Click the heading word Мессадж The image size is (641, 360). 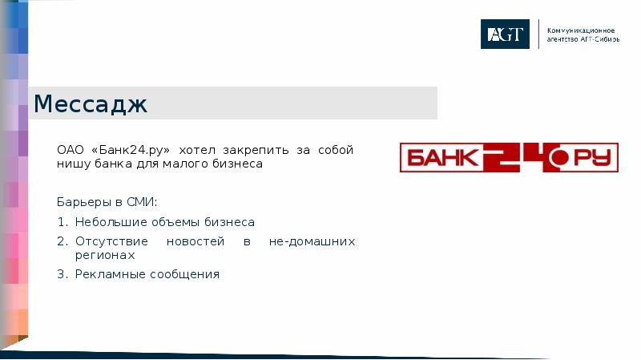tap(91, 104)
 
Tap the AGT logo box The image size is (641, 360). tap(505, 34)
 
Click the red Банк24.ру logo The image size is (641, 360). tap(510, 157)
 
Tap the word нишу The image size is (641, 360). tap(71, 164)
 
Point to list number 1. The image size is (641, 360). tap(61, 222)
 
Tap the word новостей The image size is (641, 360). tap(191, 241)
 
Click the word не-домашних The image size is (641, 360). tap(312, 241)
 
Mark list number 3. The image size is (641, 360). tap(61, 274)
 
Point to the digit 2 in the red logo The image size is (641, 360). tap(504, 157)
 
